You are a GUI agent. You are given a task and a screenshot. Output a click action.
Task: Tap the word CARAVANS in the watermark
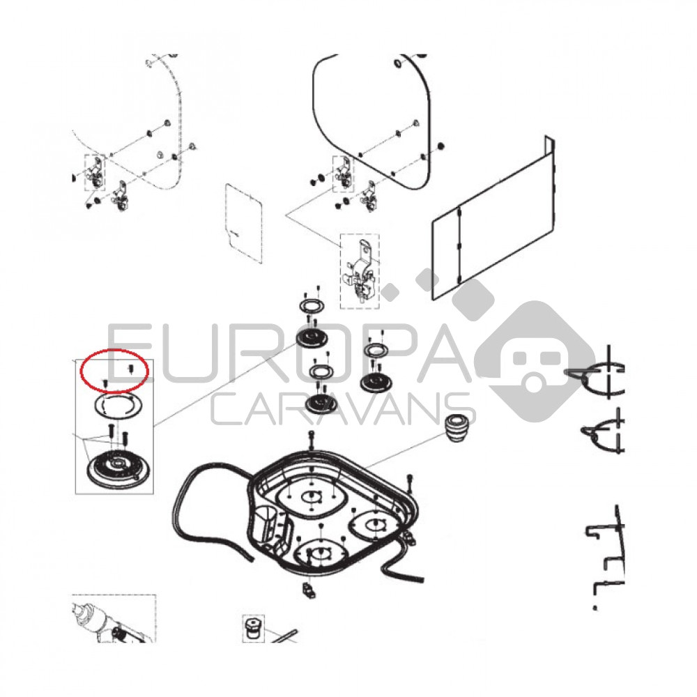tap(343, 409)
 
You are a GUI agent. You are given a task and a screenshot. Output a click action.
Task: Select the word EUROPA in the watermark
tap(285, 353)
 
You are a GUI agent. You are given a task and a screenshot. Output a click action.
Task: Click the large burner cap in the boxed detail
tap(114, 469)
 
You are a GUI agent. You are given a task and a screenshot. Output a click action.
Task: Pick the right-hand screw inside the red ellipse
tap(131, 369)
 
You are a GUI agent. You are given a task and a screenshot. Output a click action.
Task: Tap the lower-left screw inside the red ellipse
tap(105, 383)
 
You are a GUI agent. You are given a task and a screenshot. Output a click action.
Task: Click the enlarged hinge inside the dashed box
tap(360, 271)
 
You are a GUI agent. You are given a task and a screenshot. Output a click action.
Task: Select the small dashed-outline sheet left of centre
tap(243, 222)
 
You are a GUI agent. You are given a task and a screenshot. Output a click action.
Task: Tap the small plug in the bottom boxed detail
tap(253, 628)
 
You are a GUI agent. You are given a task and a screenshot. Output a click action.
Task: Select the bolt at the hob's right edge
tap(411, 484)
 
